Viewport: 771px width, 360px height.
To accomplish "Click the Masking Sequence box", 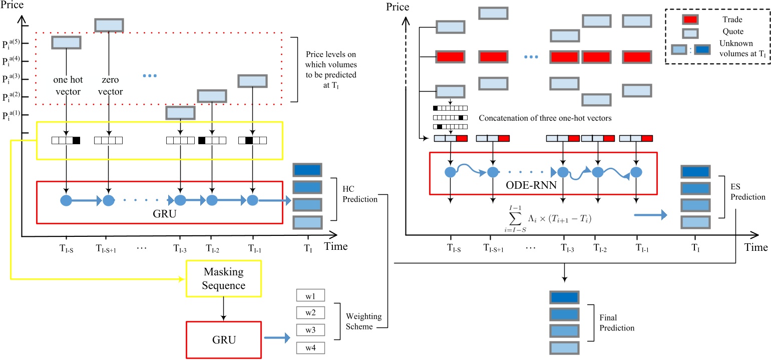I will click(x=223, y=280).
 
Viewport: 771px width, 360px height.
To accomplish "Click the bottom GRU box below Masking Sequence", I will click(x=223, y=338).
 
